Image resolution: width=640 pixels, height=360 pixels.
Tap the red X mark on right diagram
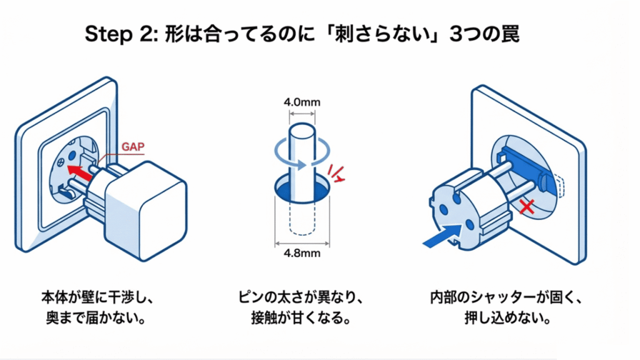click(x=528, y=205)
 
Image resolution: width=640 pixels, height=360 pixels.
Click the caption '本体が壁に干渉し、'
click(x=91, y=297)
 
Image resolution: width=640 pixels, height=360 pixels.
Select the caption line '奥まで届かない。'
click(x=91, y=319)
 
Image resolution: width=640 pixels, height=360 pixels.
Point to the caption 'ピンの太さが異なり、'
click(x=302, y=297)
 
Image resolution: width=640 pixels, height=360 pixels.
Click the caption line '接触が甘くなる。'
click(x=302, y=319)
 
